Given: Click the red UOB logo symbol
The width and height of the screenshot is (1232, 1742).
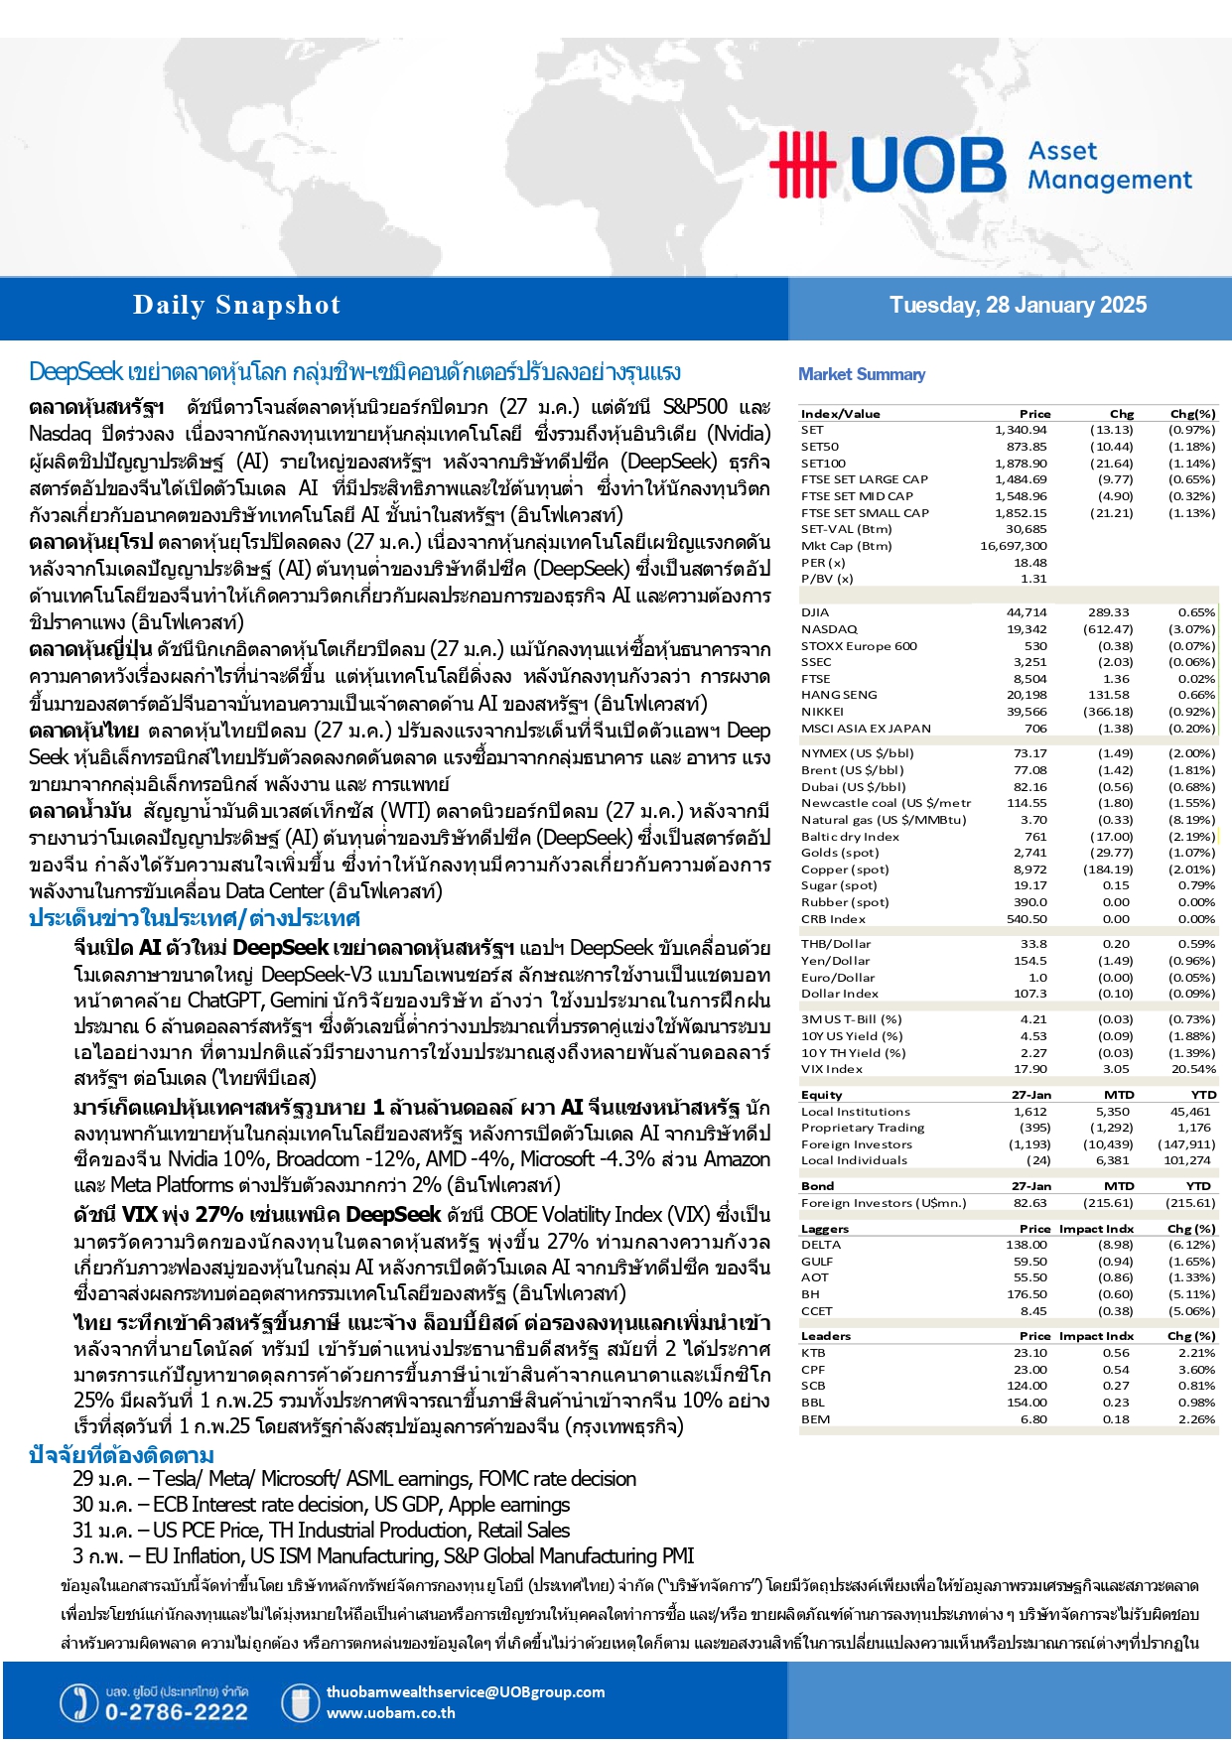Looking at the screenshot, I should pyautogui.click(x=803, y=164).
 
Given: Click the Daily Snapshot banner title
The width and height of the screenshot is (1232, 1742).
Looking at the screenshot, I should pyautogui.click(x=236, y=305).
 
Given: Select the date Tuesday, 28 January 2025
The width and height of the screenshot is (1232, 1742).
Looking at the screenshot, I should pyautogui.click(x=1018, y=305).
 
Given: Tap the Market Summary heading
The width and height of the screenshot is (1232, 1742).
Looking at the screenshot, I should pyautogui.click(x=862, y=374).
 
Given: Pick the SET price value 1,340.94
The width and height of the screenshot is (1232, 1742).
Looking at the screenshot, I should pyautogui.click(x=1021, y=430).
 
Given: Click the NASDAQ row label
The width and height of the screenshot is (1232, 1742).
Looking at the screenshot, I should pyautogui.click(x=829, y=629).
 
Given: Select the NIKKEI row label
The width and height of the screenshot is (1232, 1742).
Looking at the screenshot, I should pyautogui.click(x=823, y=712).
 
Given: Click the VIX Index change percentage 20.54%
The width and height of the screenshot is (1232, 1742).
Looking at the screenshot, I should pyautogui.click(x=1193, y=1069).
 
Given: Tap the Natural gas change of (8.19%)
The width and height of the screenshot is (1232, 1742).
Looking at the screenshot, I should pyautogui.click(x=1191, y=820).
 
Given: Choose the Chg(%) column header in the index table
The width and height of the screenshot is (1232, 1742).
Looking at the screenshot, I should pyautogui.click(x=1192, y=414).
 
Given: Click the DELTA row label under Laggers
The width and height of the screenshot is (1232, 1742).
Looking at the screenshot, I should pyautogui.click(x=821, y=1245).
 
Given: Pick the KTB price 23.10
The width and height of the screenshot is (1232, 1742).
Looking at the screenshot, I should pyautogui.click(x=1030, y=1353).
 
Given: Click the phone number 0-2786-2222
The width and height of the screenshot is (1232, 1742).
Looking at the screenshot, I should pyautogui.click(x=176, y=1712).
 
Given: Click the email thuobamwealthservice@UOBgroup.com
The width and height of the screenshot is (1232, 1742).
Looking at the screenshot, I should pyautogui.click(x=465, y=1692).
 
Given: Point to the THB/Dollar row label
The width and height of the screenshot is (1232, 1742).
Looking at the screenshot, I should pyautogui.click(x=836, y=944).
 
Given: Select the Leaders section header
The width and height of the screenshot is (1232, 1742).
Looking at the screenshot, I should pyautogui.click(x=826, y=1336).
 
